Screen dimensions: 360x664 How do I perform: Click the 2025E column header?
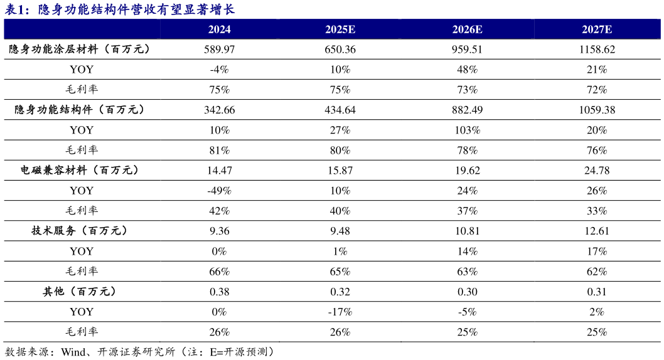coord(340,29)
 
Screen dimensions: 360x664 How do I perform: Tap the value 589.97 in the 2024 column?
coord(219,49)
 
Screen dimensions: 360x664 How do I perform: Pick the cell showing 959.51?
coord(468,49)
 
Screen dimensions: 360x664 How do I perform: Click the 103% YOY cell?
coord(468,130)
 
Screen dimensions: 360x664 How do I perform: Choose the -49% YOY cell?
coord(219,191)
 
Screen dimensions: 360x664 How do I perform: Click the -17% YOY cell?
coord(340,312)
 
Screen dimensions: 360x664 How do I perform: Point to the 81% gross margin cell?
coord(219,151)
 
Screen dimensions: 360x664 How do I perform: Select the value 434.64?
coord(340,110)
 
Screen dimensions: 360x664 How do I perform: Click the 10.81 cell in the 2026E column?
coord(468,231)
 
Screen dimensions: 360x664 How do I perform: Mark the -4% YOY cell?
coord(219,70)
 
